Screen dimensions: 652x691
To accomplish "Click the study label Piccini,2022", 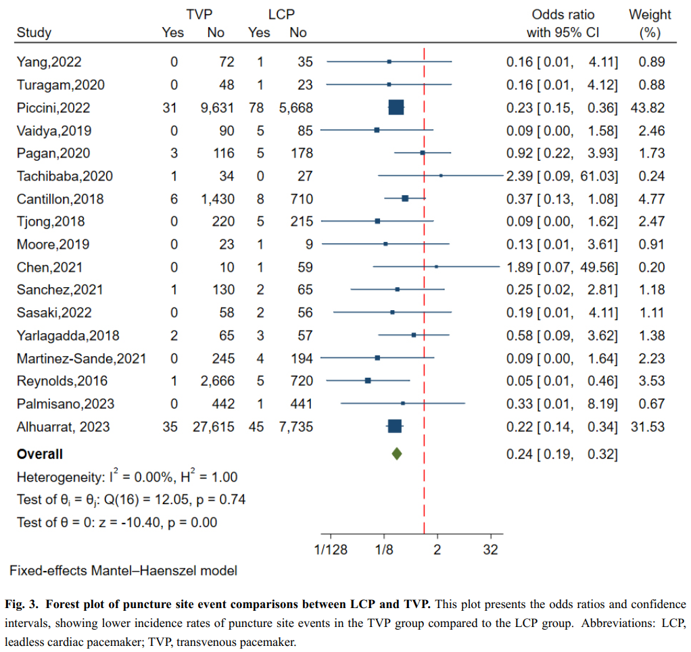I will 53,108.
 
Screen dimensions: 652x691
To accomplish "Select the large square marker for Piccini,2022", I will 396,107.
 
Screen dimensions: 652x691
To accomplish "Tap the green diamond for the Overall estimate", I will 397,454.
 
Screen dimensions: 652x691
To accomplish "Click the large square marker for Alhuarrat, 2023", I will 395,426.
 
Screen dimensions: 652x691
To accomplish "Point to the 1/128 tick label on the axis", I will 331,549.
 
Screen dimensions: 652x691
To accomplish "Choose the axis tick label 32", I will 491,549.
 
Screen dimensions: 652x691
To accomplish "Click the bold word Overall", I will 40,454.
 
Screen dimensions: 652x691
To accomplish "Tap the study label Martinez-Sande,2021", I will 81,358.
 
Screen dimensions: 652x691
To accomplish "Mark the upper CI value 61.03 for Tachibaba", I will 598,176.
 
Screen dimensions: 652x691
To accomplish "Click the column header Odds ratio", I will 563,15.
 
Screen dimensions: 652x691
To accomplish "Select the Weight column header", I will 650,15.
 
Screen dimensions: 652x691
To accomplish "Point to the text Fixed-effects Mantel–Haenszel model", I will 123,570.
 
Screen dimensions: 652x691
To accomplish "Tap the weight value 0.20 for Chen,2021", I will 652,267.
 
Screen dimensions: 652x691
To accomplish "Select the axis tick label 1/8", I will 384,549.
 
